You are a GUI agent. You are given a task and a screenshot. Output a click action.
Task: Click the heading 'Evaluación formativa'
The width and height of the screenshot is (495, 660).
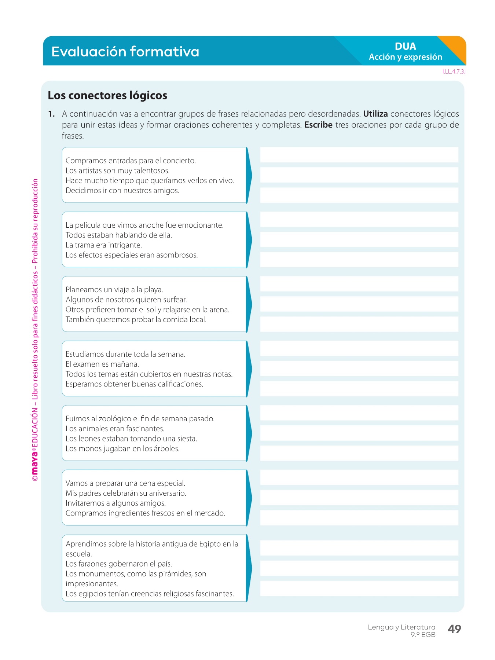point(125,52)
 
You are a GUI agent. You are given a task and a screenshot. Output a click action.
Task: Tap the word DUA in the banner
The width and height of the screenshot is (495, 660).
point(405,47)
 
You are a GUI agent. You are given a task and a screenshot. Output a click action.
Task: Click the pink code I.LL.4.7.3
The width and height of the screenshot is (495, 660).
point(454,71)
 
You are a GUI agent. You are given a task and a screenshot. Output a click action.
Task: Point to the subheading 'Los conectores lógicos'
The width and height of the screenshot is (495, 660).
point(107,95)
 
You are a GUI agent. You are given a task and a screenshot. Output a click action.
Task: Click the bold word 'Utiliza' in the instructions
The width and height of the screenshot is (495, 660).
point(375,114)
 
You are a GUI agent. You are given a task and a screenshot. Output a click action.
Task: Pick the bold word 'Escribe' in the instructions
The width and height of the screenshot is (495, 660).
point(318,125)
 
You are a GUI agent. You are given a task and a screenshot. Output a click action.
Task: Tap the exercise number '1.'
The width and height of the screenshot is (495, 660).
point(51,114)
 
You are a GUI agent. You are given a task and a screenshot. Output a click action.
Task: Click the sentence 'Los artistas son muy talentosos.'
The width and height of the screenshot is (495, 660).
point(117,170)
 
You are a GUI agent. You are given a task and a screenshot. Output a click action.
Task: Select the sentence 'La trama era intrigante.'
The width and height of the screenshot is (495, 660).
point(103,245)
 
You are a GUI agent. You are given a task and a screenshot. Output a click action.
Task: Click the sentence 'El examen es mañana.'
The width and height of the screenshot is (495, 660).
point(102,364)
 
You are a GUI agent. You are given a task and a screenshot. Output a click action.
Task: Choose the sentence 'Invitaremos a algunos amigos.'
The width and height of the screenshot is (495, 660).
point(115,503)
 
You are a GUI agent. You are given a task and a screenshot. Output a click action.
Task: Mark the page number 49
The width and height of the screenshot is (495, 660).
point(454,629)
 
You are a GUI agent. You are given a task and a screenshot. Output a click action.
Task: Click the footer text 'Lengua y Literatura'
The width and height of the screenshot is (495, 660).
point(401,627)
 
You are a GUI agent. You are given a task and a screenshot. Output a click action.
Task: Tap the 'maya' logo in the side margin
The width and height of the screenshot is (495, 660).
point(35,465)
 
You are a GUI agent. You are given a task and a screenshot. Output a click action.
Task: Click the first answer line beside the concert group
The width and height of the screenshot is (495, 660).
point(359,155)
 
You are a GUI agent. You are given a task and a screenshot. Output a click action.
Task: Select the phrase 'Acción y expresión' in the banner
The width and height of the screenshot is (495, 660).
point(405,57)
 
